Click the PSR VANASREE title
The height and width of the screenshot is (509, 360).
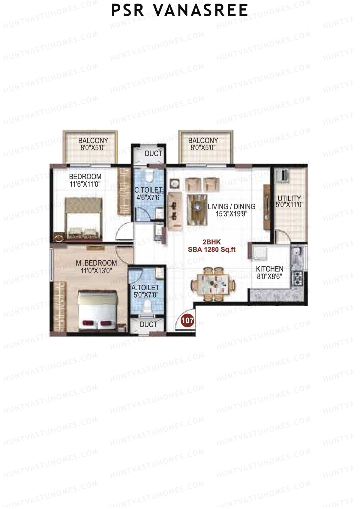(x=179, y=10)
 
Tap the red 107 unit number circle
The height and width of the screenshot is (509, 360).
(x=187, y=320)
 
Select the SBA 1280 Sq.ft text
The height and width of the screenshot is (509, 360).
(x=212, y=249)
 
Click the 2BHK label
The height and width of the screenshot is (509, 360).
(x=212, y=242)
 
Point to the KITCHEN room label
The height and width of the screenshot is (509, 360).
(x=269, y=269)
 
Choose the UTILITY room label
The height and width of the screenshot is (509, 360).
(x=289, y=198)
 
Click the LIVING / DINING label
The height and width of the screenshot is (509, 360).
(x=231, y=206)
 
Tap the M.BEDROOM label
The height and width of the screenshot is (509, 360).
(x=96, y=263)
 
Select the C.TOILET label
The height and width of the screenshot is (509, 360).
(x=148, y=190)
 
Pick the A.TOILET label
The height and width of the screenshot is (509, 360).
(x=145, y=287)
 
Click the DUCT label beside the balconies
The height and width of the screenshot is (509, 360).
(x=153, y=154)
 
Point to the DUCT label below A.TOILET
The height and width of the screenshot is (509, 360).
(x=148, y=324)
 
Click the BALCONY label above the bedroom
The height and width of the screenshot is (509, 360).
(x=93, y=140)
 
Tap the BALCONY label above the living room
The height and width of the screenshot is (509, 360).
(x=203, y=140)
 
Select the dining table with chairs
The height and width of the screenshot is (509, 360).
(x=213, y=283)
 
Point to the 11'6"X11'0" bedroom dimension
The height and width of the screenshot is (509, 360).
(x=85, y=184)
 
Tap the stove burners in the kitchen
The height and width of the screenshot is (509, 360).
(x=298, y=278)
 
